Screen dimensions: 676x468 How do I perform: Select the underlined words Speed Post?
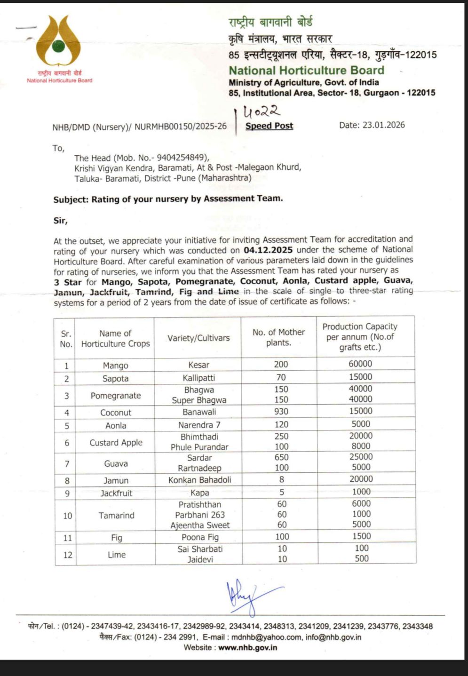coord(269,126)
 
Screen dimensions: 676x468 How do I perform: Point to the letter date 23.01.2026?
coord(383,125)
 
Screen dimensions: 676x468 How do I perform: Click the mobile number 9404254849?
coord(181,158)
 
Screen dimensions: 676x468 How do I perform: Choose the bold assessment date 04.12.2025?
coord(268,250)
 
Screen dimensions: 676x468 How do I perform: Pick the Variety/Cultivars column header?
coord(198,338)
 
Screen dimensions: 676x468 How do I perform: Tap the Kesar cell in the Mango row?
coord(199,365)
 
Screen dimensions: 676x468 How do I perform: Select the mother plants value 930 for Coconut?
coord(281,412)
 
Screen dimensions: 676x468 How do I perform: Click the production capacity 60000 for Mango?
coord(360,364)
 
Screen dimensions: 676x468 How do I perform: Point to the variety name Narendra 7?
coord(199,425)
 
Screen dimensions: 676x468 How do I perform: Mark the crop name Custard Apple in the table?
coord(116,442)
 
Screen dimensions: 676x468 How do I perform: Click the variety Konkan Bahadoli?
coord(199,480)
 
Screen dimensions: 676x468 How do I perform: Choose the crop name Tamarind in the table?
coord(116,515)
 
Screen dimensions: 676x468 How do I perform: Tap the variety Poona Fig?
coord(200,537)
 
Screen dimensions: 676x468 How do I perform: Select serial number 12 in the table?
coord(68,555)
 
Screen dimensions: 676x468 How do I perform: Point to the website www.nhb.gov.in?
coord(247,647)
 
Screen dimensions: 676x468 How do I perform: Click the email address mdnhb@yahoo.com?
coord(266,637)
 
